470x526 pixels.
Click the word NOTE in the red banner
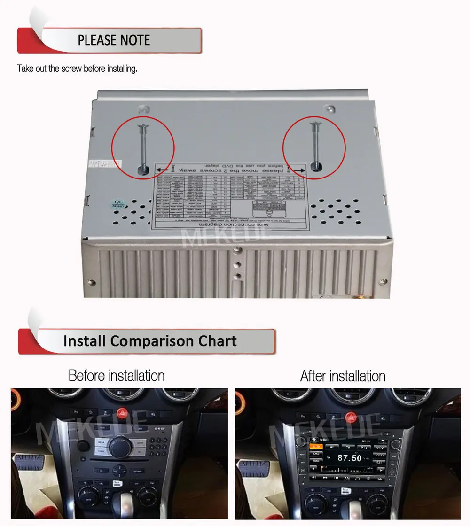[132, 40]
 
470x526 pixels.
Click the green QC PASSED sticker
[117, 204]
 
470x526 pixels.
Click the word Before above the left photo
[87, 376]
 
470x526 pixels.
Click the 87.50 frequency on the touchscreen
[350, 457]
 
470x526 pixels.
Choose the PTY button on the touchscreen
[364, 448]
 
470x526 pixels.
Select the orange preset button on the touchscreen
[315, 447]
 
